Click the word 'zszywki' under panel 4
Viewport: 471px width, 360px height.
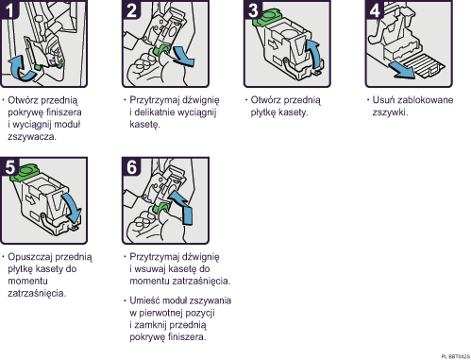tap(389, 111)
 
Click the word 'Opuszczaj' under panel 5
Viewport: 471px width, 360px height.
tap(30, 256)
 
